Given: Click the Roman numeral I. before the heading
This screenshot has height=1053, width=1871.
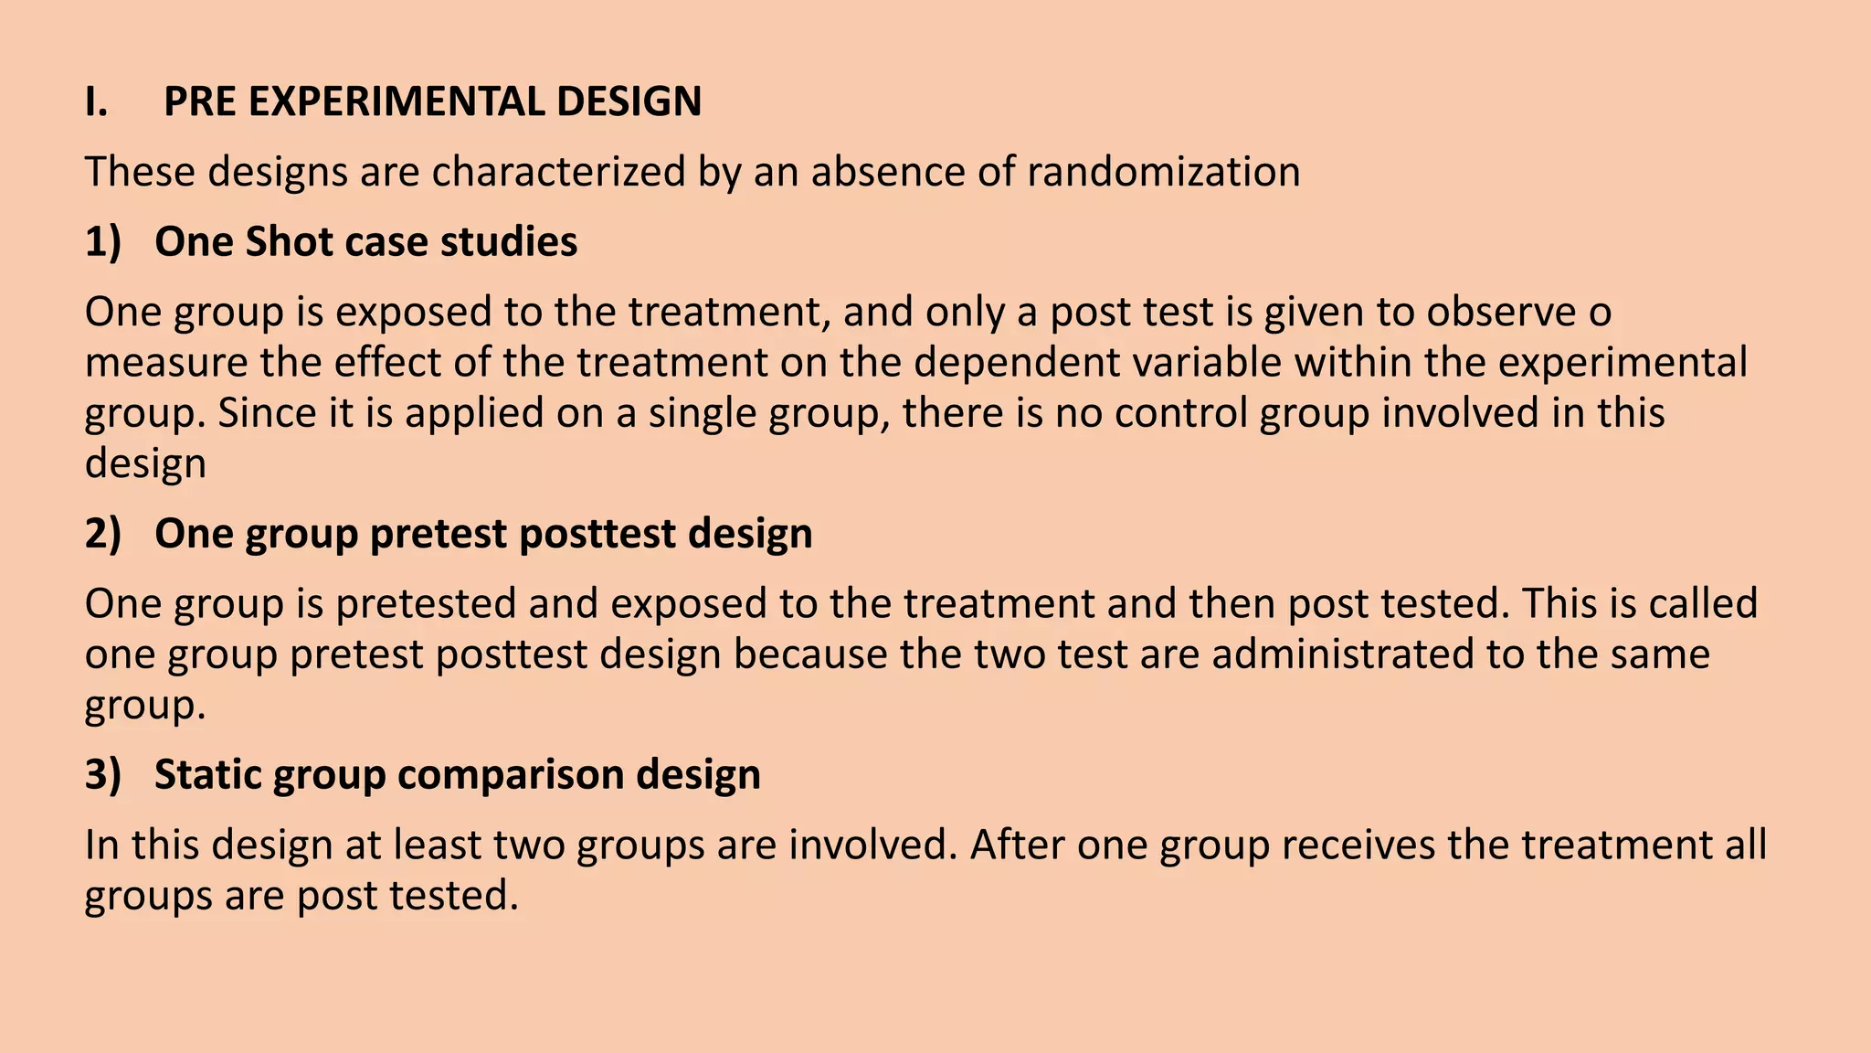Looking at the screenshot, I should (x=96, y=101).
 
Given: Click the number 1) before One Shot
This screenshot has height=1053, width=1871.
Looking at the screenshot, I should (x=102, y=242).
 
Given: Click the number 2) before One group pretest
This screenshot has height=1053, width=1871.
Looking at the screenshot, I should (x=102, y=534).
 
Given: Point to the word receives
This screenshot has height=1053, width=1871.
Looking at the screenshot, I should (x=1358, y=845).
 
